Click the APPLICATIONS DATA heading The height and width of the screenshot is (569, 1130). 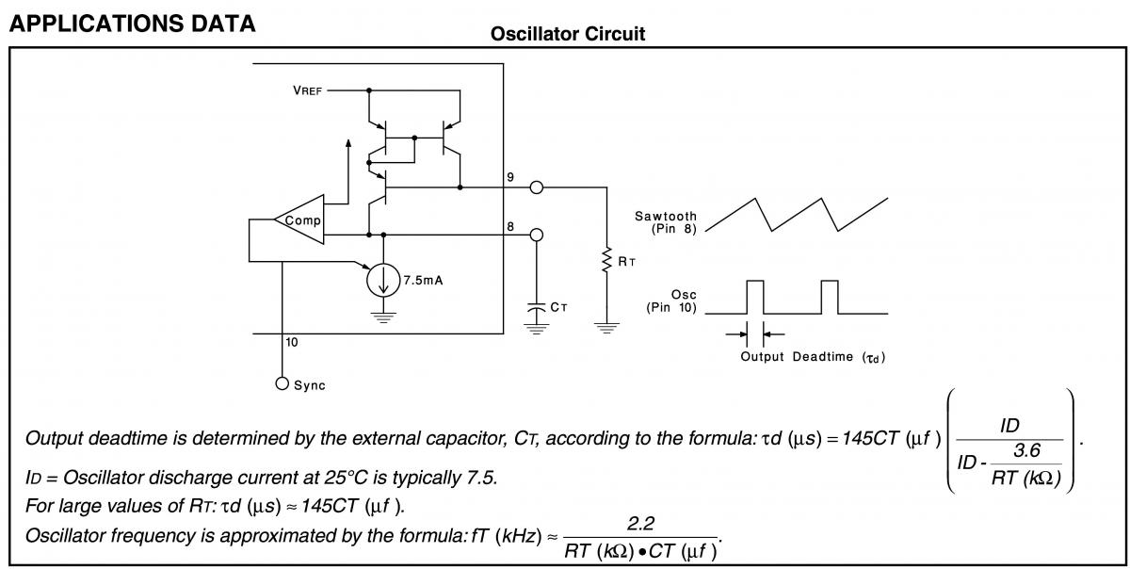[x=132, y=24]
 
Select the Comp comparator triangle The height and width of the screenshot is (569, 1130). [x=300, y=221]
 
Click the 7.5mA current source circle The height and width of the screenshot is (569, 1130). [x=382, y=280]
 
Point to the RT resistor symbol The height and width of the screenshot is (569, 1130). [x=607, y=261]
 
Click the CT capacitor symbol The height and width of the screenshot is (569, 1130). [x=537, y=307]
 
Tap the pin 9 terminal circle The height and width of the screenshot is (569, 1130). [x=537, y=187]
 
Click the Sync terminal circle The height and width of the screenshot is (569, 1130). [x=282, y=384]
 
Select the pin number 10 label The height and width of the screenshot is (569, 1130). [x=292, y=343]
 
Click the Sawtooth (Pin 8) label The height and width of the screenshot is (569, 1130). [x=666, y=222]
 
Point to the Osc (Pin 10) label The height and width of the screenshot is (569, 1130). [x=671, y=301]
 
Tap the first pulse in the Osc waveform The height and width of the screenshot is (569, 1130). [x=755, y=297]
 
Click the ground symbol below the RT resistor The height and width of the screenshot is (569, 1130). [x=607, y=327]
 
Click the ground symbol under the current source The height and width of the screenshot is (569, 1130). [x=382, y=317]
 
